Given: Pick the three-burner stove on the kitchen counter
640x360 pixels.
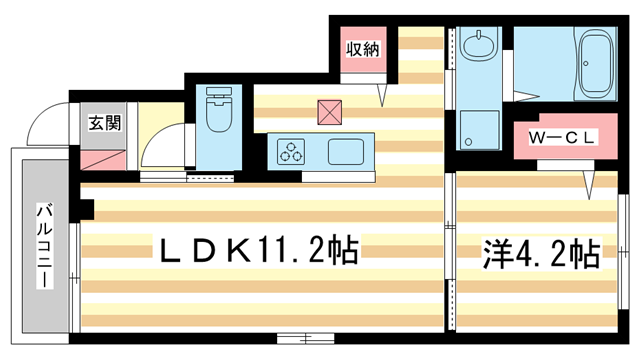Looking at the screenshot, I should (292, 153).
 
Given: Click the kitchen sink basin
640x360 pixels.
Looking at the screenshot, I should (346, 153).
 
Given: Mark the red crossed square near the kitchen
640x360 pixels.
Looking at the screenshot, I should (328, 110).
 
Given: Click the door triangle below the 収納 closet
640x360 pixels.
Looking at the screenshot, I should (382, 94).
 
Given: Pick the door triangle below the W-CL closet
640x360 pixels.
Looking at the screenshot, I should (590, 182).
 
